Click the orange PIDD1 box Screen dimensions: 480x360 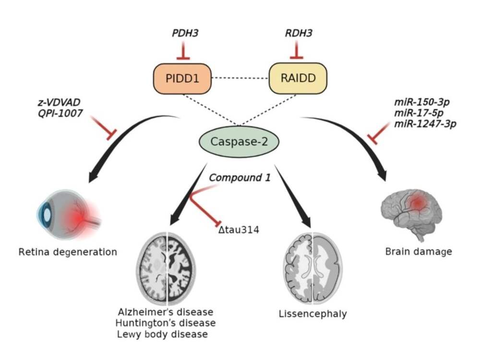pyautogui.click(x=182, y=79)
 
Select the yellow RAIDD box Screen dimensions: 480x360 pyautogui.click(x=298, y=78)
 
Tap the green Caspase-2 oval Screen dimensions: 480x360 pyautogui.click(x=239, y=142)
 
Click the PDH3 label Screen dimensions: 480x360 pyautogui.click(x=185, y=33)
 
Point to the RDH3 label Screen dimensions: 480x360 pyautogui.click(x=299, y=33)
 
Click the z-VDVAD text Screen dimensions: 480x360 pyautogui.click(x=59, y=102)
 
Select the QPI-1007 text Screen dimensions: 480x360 pyautogui.click(x=60, y=113)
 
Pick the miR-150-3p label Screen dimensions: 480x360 pyautogui.click(x=422, y=102)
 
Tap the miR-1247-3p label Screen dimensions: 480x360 pyautogui.click(x=425, y=124)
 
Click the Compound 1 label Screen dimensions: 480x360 pyautogui.click(x=240, y=178)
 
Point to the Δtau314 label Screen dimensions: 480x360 pyautogui.click(x=239, y=229)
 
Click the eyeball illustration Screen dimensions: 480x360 pyautogui.click(x=69, y=214)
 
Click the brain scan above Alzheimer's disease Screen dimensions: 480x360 pyautogui.click(x=166, y=268)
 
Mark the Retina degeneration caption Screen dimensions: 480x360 pyautogui.click(x=68, y=252)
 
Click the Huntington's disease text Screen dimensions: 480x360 pyautogui.click(x=166, y=323)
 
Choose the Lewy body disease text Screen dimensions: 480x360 pyautogui.click(x=162, y=334)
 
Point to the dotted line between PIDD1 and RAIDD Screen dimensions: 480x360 pyautogui.click(x=240, y=78)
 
